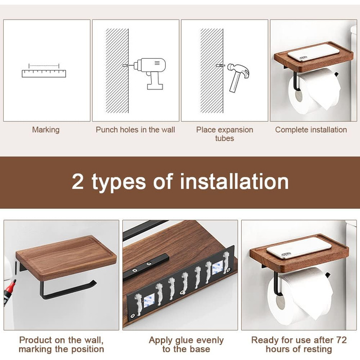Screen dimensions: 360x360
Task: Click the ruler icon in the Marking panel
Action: (x=44, y=74)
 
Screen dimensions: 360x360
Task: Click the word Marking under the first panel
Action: (x=46, y=130)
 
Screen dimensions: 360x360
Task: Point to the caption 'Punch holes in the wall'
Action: (x=135, y=130)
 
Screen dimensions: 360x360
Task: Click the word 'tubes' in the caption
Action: (x=225, y=138)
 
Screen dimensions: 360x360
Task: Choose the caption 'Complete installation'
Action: (x=311, y=130)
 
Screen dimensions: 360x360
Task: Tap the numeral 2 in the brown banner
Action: (x=78, y=182)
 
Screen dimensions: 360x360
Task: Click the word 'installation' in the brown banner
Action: (x=234, y=182)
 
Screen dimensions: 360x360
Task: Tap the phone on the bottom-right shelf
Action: (x=299, y=248)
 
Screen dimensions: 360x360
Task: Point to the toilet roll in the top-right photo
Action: (x=314, y=92)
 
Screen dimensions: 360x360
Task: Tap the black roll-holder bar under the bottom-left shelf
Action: (x=66, y=290)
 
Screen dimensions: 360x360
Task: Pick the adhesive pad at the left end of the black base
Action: (x=149, y=301)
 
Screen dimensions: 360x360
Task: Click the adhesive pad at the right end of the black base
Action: (x=218, y=268)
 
